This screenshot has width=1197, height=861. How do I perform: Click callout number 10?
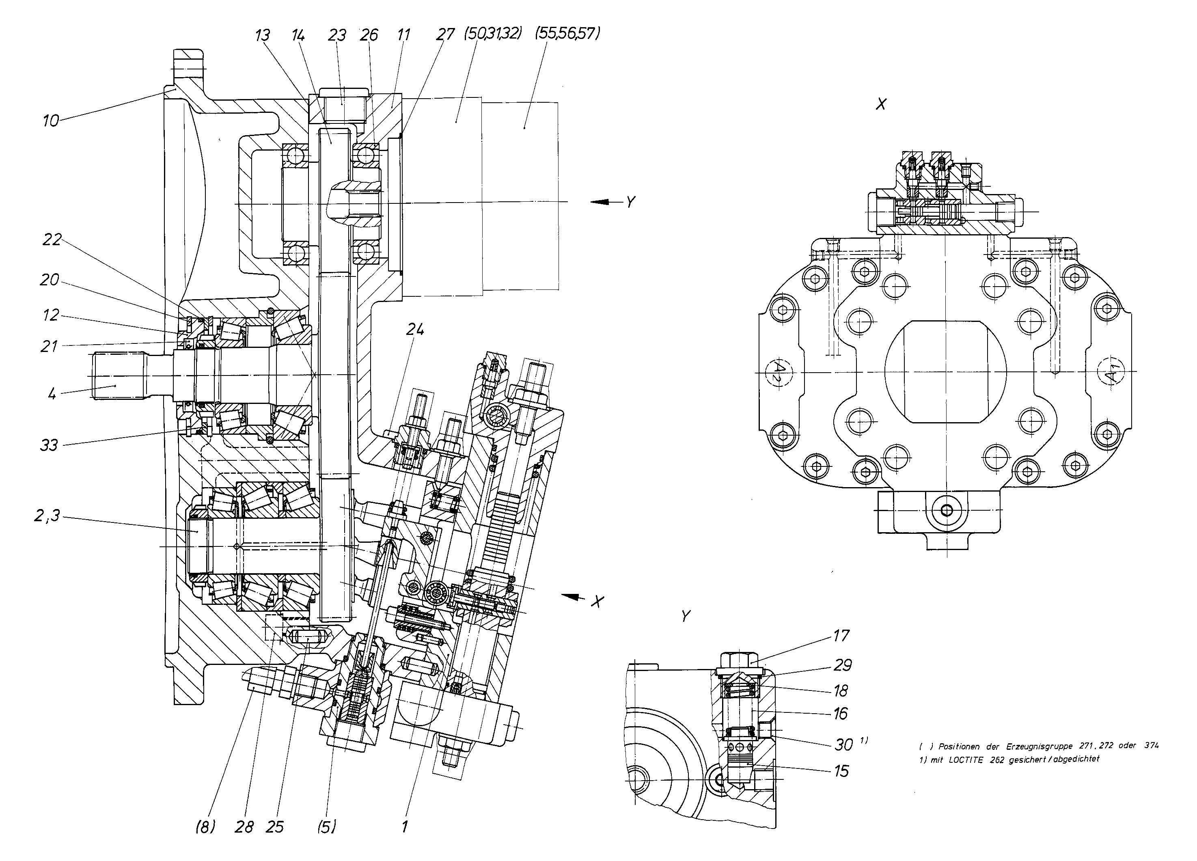tap(51, 121)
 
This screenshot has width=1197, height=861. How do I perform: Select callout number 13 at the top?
tap(262, 35)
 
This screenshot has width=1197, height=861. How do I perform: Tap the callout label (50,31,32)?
tap(493, 34)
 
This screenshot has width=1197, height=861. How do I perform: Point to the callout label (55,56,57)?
tap(567, 34)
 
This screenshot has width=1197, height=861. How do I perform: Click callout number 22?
tap(52, 240)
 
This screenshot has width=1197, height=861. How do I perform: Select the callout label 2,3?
tap(47, 515)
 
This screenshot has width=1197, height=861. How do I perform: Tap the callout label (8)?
tap(205, 826)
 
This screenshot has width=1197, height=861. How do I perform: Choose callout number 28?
tap(244, 826)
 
